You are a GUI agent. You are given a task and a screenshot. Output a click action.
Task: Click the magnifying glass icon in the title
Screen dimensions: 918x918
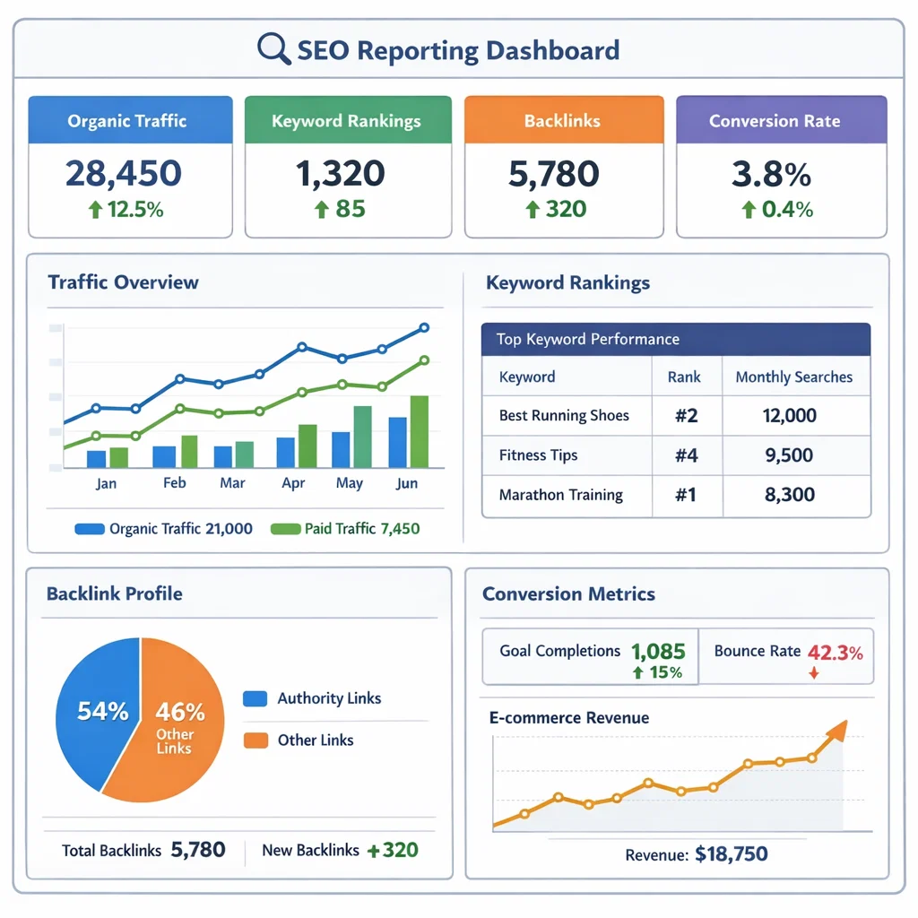point(273,49)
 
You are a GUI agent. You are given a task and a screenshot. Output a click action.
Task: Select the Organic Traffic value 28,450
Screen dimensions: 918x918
point(123,173)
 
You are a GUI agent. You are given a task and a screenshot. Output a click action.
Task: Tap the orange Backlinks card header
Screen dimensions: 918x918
point(564,121)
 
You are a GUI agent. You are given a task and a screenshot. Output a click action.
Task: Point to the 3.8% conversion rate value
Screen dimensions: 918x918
point(771,173)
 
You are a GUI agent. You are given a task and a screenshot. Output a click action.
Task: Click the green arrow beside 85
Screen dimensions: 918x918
point(321,211)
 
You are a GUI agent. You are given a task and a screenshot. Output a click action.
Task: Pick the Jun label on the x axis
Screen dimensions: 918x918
point(406,483)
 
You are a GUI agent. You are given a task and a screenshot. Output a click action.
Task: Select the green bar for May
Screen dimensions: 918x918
point(362,437)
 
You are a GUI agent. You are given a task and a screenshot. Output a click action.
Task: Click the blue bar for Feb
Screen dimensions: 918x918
point(164,456)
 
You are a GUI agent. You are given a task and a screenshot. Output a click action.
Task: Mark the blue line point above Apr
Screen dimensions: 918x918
point(302,347)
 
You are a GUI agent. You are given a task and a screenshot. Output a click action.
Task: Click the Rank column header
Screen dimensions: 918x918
point(684,377)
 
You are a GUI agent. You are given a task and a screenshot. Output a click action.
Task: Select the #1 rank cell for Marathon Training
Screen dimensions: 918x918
point(686,495)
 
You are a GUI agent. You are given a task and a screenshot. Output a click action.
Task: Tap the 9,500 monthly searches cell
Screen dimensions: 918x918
point(790,455)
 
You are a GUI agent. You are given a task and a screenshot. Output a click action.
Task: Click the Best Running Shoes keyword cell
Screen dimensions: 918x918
point(564,416)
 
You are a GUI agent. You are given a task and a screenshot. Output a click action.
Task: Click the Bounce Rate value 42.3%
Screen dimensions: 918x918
point(835,653)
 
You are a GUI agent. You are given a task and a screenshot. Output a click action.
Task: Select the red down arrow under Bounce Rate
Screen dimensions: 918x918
point(814,673)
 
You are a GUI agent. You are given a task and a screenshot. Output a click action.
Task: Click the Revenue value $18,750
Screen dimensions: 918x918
point(731,854)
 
